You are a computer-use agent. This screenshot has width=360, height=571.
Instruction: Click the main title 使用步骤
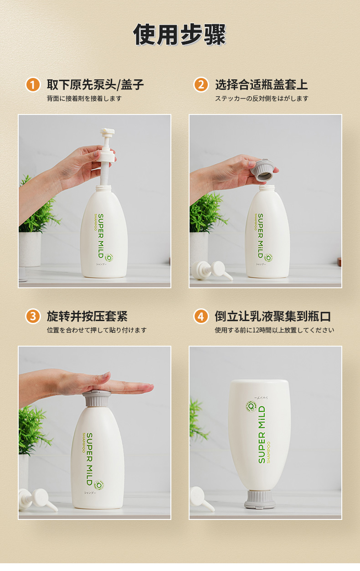tap(180, 34)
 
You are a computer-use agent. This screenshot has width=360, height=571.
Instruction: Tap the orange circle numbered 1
tap(33, 84)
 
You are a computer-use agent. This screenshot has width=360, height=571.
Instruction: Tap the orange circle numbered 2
tap(201, 84)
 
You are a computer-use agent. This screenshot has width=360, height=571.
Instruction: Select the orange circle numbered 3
tap(33, 317)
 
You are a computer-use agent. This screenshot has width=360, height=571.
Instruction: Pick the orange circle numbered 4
tap(201, 317)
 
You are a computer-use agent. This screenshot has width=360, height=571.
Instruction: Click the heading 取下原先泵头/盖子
tap(95, 84)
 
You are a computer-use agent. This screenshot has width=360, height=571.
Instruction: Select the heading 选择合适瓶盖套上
tap(262, 84)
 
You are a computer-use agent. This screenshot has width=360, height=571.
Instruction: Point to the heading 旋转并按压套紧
tap(87, 317)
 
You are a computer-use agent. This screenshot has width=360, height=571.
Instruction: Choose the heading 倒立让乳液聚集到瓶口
tap(273, 317)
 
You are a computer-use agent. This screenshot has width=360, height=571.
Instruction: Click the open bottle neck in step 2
tap(267, 189)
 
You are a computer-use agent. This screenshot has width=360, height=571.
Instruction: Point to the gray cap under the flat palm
tap(97, 399)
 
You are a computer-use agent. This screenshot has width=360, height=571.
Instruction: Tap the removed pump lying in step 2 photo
tap(212, 271)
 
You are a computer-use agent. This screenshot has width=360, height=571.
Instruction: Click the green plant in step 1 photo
tap(38, 207)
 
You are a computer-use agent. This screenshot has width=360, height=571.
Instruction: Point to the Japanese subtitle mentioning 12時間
tap(274, 330)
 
